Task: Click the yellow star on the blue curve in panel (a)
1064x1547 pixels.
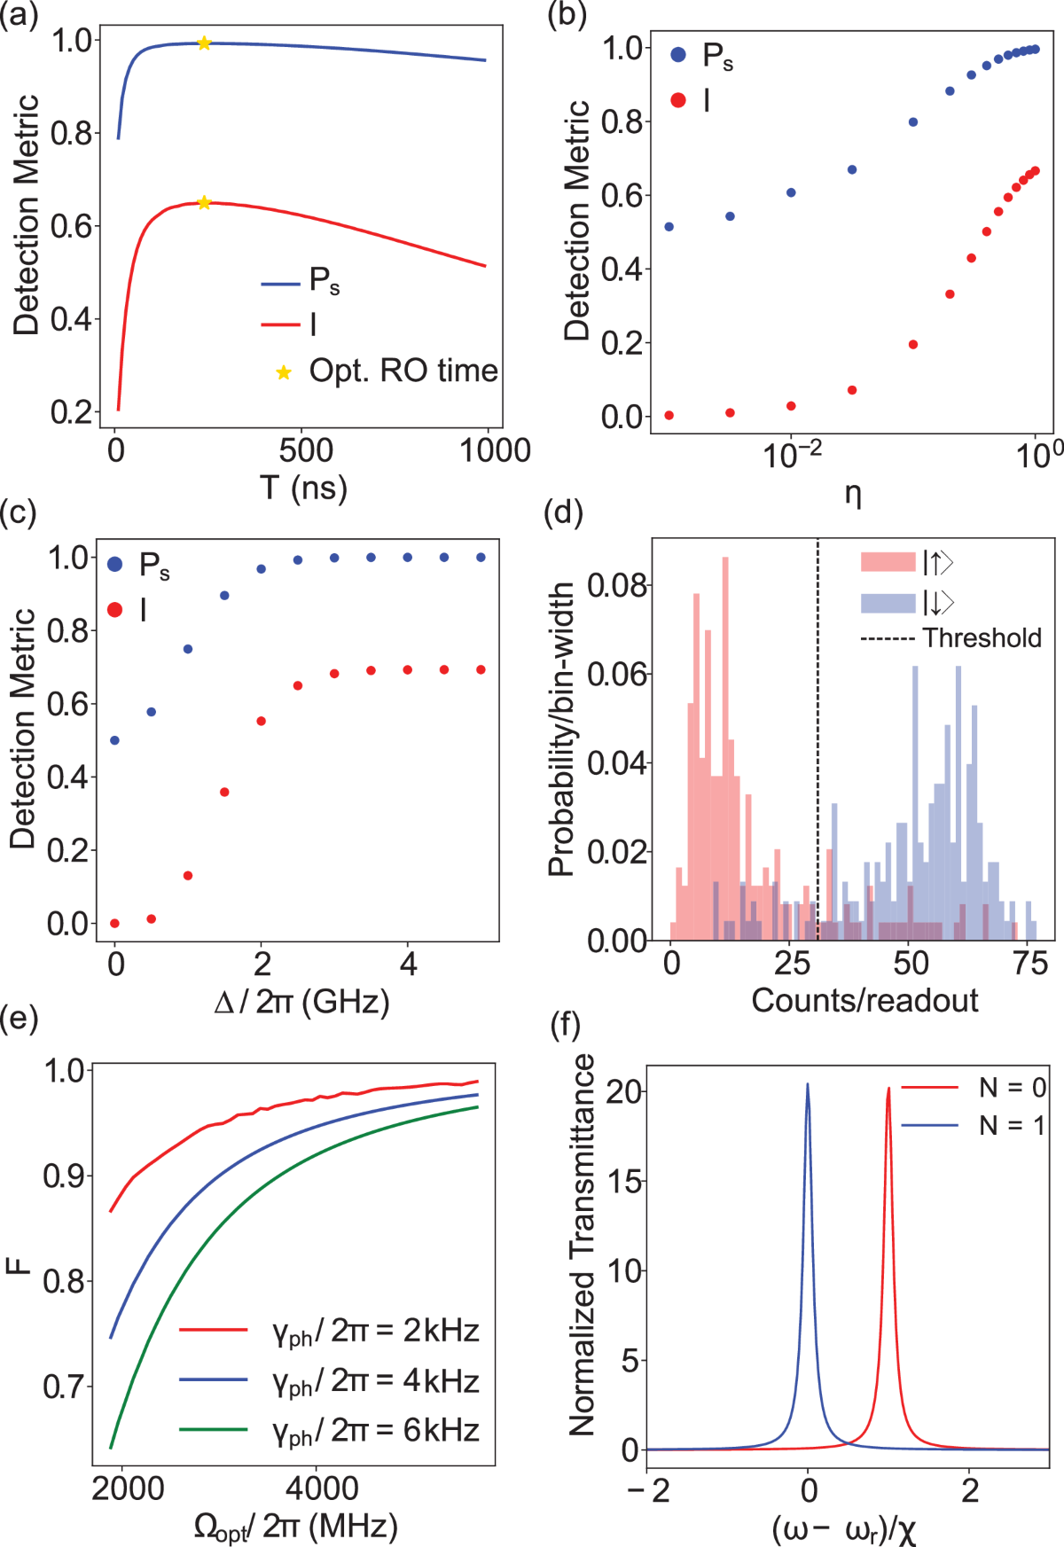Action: tap(204, 43)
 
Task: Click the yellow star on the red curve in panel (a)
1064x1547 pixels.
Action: tap(204, 203)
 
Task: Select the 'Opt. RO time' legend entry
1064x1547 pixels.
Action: tap(403, 371)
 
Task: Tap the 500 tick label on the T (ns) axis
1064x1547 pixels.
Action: tap(306, 450)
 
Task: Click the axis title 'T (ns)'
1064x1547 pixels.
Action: tap(303, 488)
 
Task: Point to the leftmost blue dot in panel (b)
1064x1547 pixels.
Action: tap(669, 227)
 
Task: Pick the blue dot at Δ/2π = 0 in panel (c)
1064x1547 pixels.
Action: tap(114, 740)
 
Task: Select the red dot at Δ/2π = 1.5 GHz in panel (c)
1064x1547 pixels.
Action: tap(224, 792)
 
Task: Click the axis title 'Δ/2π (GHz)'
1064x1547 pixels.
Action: tap(301, 1002)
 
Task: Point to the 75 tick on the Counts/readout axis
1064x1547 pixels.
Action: tap(1029, 964)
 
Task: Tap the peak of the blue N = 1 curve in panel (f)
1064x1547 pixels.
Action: tap(808, 1085)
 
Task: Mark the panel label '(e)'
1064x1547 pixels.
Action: tap(20, 1020)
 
